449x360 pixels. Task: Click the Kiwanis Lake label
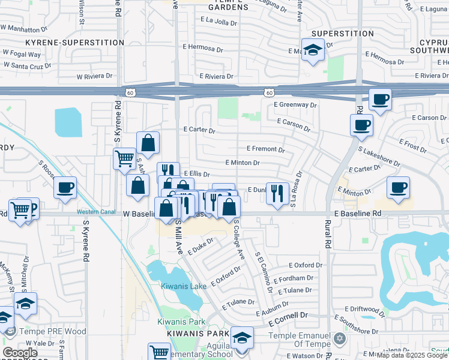tap(184, 286)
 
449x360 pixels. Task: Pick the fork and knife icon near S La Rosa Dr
tap(277, 193)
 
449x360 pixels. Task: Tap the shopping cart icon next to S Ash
tap(125, 159)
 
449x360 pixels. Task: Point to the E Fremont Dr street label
tap(265, 149)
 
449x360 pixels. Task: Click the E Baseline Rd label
tap(358, 213)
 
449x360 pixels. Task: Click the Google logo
tap(20, 353)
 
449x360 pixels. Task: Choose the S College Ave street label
tap(240, 239)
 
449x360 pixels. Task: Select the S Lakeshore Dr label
tap(379, 155)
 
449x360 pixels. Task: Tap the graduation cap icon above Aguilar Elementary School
tap(242, 337)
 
